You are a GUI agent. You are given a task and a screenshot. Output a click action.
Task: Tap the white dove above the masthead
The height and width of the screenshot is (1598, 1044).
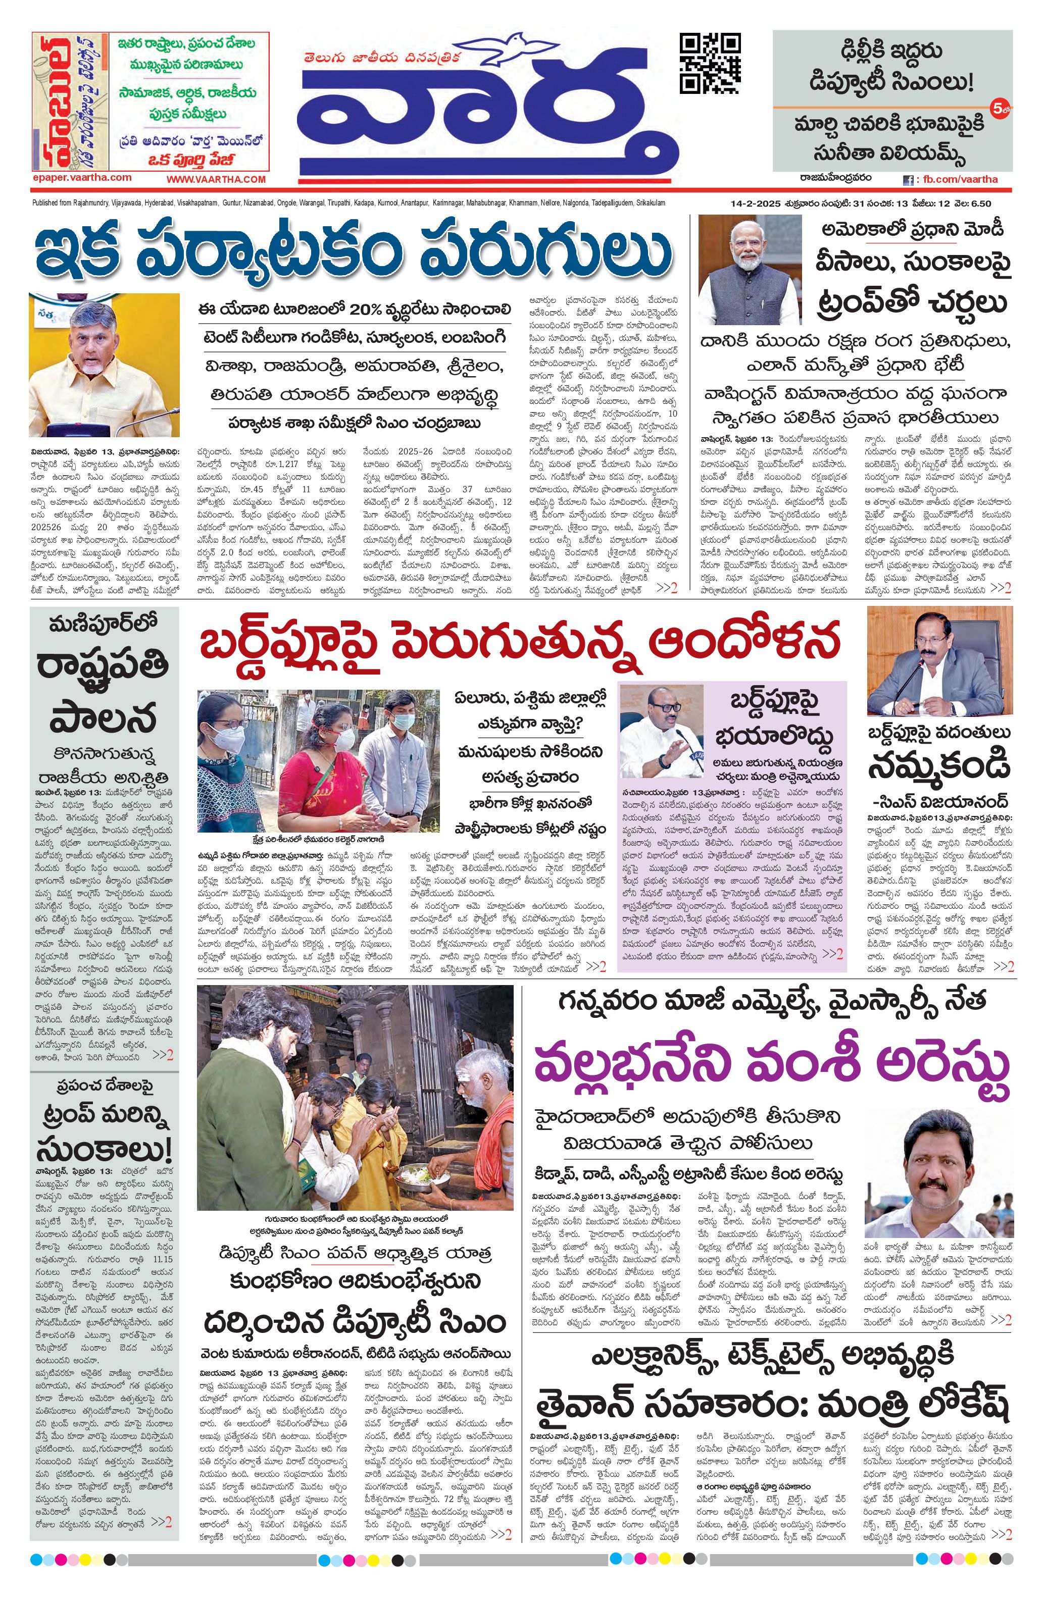[x=519, y=45]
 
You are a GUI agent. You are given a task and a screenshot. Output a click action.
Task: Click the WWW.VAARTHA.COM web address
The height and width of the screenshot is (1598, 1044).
[x=216, y=179]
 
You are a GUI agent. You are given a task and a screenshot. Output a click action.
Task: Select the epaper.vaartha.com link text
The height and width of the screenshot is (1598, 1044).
[x=81, y=177]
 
